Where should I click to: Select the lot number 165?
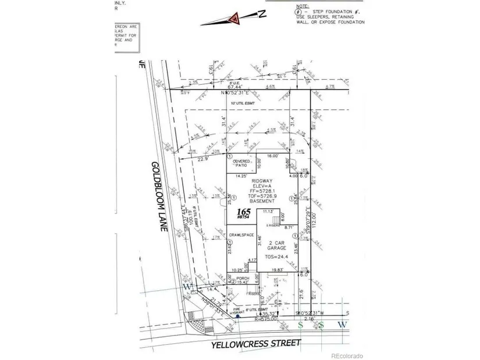pyautogui.click(x=244, y=213)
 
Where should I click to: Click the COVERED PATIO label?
pyautogui.click(x=245, y=163)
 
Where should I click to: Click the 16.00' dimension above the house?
pyautogui.click(x=272, y=156)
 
